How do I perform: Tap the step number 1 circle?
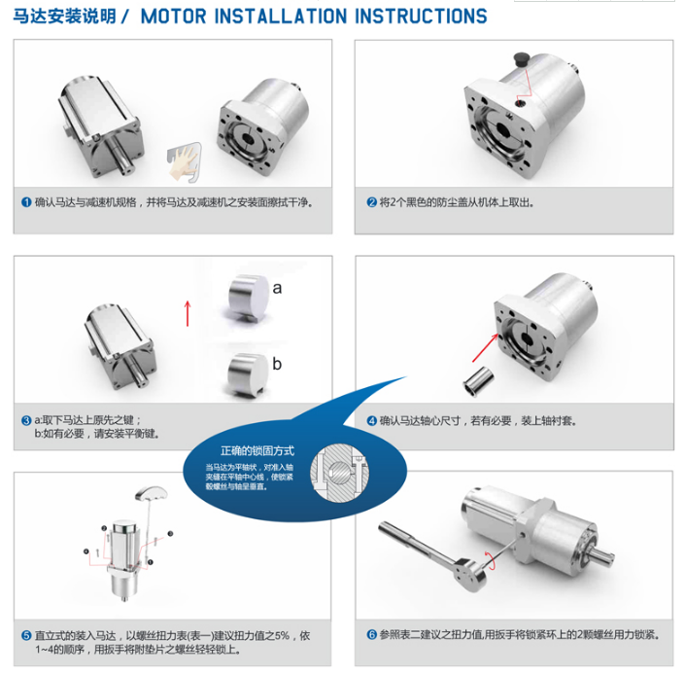(26, 203)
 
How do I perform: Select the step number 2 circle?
(372, 203)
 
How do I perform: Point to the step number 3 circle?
(26, 420)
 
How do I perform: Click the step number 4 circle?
(372, 420)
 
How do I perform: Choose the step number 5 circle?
(26, 634)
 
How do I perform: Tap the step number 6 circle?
(372, 634)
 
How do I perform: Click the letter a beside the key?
(277, 288)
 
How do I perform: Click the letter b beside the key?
(277, 364)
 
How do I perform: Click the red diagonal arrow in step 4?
(483, 343)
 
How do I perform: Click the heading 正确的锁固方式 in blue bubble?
(257, 451)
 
